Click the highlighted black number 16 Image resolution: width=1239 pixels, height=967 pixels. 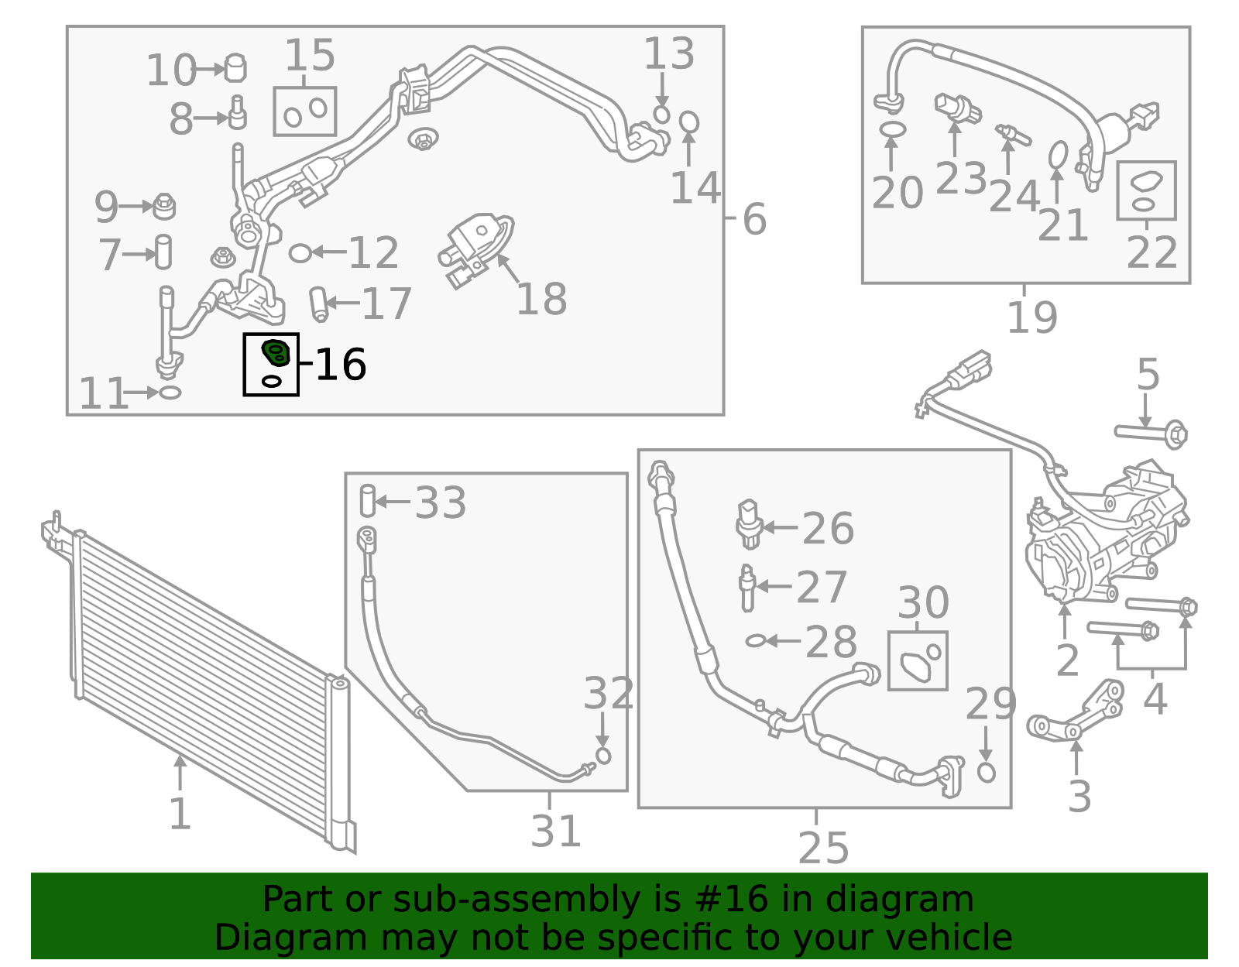pyautogui.click(x=341, y=364)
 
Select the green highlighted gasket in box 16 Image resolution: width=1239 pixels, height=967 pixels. pyautogui.click(x=276, y=352)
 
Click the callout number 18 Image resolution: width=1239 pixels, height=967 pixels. pyautogui.click(x=541, y=299)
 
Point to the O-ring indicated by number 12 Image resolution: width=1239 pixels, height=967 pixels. pyautogui.click(x=300, y=253)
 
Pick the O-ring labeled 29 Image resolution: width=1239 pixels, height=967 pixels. pyautogui.click(x=986, y=772)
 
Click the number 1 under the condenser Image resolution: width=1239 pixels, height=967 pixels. pyautogui.click(x=180, y=813)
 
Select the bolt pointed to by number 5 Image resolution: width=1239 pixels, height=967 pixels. pyautogui.click(x=1151, y=434)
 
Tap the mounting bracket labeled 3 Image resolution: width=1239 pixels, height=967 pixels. pyautogui.click(x=1076, y=712)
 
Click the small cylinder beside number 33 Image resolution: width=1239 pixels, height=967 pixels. pyautogui.click(x=368, y=500)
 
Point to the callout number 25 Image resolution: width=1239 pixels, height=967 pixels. pyautogui.click(x=823, y=847)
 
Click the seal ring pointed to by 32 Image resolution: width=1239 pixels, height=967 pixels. pyautogui.click(x=603, y=756)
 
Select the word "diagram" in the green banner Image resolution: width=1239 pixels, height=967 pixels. pyautogui.click(x=899, y=899)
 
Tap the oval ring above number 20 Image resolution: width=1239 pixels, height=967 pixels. pyautogui.click(x=892, y=129)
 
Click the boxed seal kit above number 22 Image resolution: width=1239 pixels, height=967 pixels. pyautogui.click(x=1146, y=190)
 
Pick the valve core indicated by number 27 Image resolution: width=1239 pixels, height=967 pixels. pyautogui.click(x=747, y=588)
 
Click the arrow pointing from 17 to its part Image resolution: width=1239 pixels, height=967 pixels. pyautogui.click(x=343, y=302)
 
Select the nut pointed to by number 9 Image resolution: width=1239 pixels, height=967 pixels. pyautogui.click(x=164, y=206)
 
